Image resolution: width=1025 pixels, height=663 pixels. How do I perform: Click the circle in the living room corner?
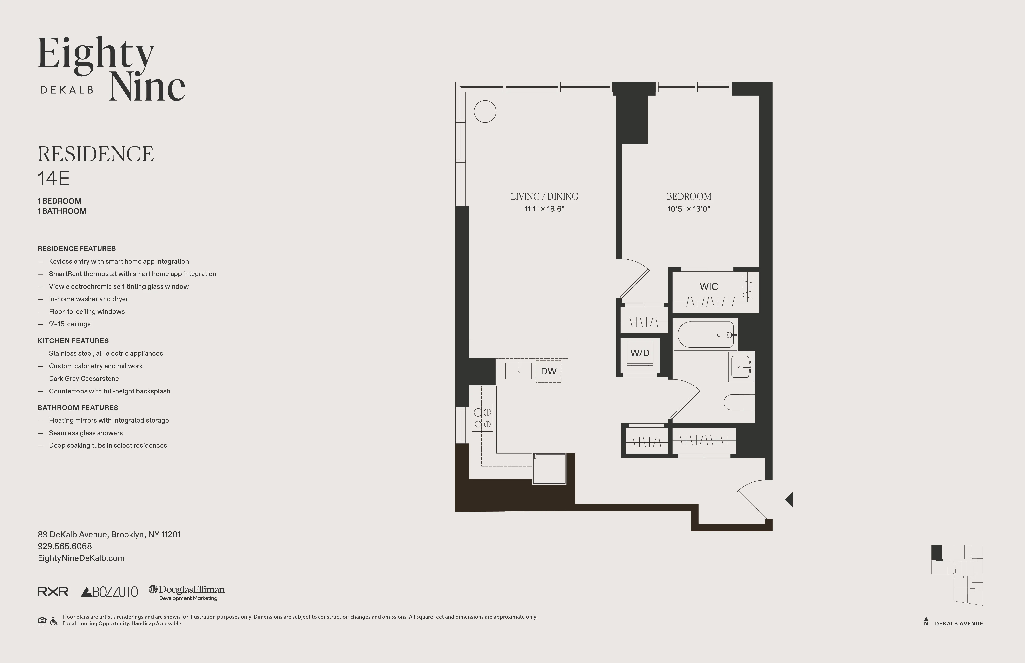coord(485,112)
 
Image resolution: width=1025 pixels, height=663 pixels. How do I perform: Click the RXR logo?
coord(53,592)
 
